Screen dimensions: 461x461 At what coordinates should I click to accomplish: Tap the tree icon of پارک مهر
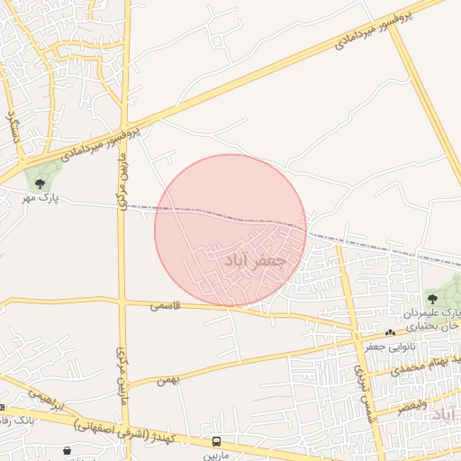[x=39, y=184]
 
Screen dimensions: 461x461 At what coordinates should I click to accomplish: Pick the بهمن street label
[x=167, y=380]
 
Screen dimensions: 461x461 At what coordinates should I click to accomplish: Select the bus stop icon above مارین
[x=216, y=441]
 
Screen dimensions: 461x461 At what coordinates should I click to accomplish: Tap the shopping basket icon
[x=68, y=450]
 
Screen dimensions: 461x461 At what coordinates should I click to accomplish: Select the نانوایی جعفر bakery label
[x=387, y=345]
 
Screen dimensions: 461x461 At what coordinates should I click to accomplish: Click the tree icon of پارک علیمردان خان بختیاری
[x=431, y=298]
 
